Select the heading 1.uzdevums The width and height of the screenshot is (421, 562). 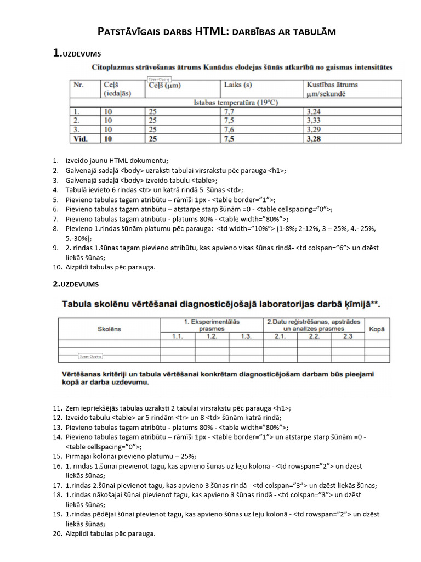point(77,53)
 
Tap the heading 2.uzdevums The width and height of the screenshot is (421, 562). point(77,284)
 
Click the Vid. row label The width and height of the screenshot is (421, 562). point(81,139)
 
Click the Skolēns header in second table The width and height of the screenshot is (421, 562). point(109,329)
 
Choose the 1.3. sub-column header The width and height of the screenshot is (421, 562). point(246,336)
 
